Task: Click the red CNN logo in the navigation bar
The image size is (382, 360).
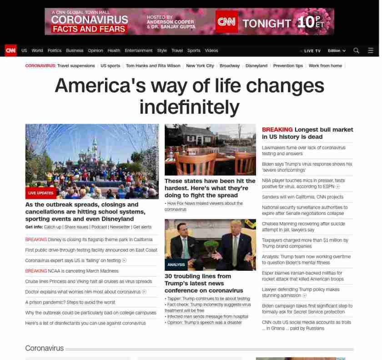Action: coord(11,51)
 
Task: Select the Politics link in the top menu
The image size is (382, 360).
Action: coord(54,51)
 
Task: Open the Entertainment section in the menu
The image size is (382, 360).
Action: coord(139,51)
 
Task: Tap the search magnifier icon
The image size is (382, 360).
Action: coord(356,51)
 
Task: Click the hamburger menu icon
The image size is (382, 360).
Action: coord(371,51)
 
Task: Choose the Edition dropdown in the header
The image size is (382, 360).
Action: coord(337,51)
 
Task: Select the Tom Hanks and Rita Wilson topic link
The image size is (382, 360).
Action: coord(153,66)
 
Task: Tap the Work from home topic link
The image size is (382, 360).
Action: coord(325,66)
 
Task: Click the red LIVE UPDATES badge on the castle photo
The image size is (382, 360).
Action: coord(40,193)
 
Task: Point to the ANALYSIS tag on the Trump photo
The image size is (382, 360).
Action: coord(176,264)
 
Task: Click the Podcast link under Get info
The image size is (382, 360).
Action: coord(99,227)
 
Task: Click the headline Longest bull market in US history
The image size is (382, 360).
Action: coord(307,133)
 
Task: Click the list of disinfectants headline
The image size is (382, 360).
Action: coord(85,323)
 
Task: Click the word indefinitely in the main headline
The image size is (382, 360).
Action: coord(189,107)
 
